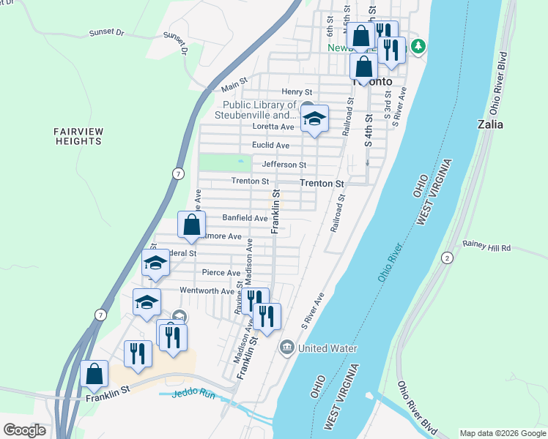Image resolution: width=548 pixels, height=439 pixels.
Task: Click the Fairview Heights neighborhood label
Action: tap(78, 135)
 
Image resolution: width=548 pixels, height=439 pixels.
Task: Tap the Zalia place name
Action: tap(490, 124)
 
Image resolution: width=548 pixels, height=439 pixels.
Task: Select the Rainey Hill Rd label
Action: tap(485, 248)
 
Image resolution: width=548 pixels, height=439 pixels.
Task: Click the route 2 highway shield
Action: tap(448, 258)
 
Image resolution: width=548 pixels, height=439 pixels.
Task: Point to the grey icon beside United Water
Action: tap(287, 348)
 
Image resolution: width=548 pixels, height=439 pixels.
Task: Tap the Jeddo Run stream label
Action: tap(193, 394)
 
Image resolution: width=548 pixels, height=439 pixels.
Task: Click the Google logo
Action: tap(24, 429)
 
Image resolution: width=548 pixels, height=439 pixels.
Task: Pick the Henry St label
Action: tap(297, 92)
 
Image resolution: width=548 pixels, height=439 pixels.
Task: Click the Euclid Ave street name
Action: tap(270, 146)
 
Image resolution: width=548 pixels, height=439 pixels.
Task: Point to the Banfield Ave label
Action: tap(245, 218)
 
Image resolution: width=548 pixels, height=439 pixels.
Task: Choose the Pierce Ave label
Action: tap(221, 273)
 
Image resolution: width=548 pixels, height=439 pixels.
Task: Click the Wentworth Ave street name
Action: tap(208, 290)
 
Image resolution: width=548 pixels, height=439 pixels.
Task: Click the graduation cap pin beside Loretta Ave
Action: tap(314, 118)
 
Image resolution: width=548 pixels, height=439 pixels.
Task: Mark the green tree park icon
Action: tap(418, 47)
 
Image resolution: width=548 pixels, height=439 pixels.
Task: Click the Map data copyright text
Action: tap(502, 433)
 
